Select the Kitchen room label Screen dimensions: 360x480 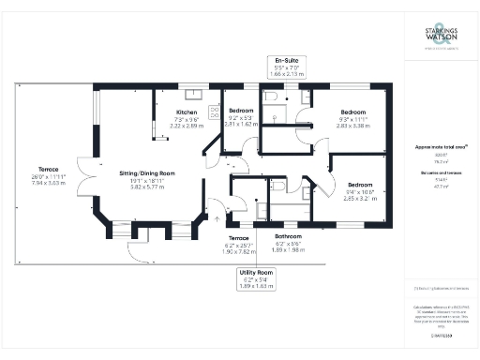187,113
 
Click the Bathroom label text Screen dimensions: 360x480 287,236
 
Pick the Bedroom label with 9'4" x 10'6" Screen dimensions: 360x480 358,186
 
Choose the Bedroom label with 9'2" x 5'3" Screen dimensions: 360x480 241,111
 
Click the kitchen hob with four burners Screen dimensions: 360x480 212,112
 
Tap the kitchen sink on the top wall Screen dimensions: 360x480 195,92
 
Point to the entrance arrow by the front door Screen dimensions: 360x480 218,218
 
